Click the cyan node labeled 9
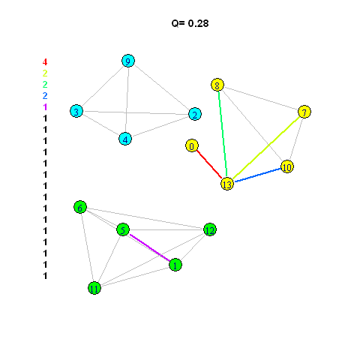pyautogui.click(x=128, y=61)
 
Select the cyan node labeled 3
pyautogui.click(x=76, y=111)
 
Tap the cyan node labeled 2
pyautogui.click(x=195, y=114)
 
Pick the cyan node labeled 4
pyautogui.click(x=125, y=139)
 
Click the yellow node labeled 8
pyautogui.click(x=217, y=85)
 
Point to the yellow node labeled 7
pyautogui.click(x=304, y=112)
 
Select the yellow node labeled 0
pyautogui.click(x=192, y=145)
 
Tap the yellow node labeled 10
pyautogui.click(x=287, y=166)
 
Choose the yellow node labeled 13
pyautogui.click(x=227, y=184)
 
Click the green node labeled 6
pyautogui.click(x=80, y=207)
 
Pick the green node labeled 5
pyautogui.click(x=123, y=229)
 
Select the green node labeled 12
pyautogui.click(x=210, y=229)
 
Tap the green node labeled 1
pyautogui.click(x=175, y=265)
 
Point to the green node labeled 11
pyautogui.click(x=94, y=288)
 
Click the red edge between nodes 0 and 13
pyautogui.click(x=209, y=164)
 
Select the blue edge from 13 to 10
pyautogui.click(x=257, y=175)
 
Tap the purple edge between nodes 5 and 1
pyautogui.click(x=150, y=247)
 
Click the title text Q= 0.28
pyautogui.click(x=190, y=23)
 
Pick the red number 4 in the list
pyautogui.click(x=45, y=61)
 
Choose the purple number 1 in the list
pyautogui.click(x=45, y=107)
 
